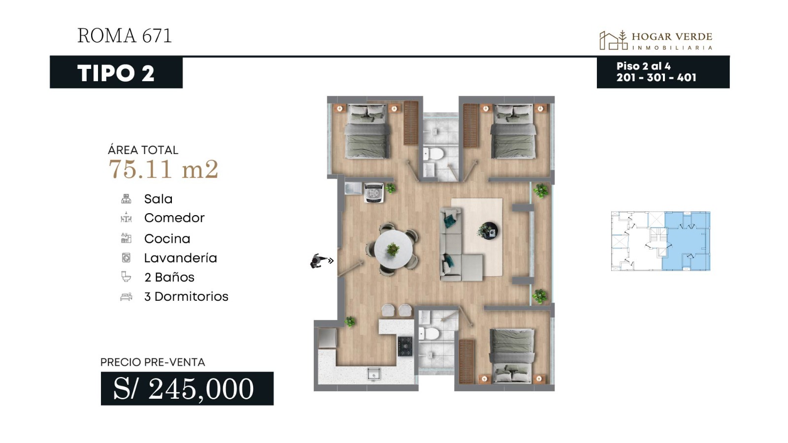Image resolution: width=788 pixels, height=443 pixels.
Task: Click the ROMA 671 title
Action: point(125,36)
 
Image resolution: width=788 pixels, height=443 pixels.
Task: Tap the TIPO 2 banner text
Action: point(116,73)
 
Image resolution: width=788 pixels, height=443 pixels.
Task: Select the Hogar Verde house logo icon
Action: point(613,40)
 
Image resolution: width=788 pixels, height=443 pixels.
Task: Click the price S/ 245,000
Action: point(183,388)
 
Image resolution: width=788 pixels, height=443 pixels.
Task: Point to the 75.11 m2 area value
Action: point(163,169)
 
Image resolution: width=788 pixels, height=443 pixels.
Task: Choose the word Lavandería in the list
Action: point(180,258)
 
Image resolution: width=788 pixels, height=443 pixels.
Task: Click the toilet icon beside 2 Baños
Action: point(126,277)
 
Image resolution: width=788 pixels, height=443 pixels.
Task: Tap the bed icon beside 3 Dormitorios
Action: point(126,297)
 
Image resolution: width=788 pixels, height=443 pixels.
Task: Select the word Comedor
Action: point(174,218)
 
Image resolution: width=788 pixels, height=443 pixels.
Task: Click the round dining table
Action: point(393,249)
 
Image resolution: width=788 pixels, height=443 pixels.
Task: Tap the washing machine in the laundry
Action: point(374,193)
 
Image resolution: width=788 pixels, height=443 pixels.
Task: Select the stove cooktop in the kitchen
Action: point(405,347)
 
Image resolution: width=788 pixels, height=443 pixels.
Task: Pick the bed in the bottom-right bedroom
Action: point(512,355)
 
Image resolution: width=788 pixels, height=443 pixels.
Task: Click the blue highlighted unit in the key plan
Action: point(686,241)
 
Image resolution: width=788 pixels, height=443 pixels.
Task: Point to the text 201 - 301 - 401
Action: point(657,77)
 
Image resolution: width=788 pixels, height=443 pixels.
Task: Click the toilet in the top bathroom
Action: point(435,153)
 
